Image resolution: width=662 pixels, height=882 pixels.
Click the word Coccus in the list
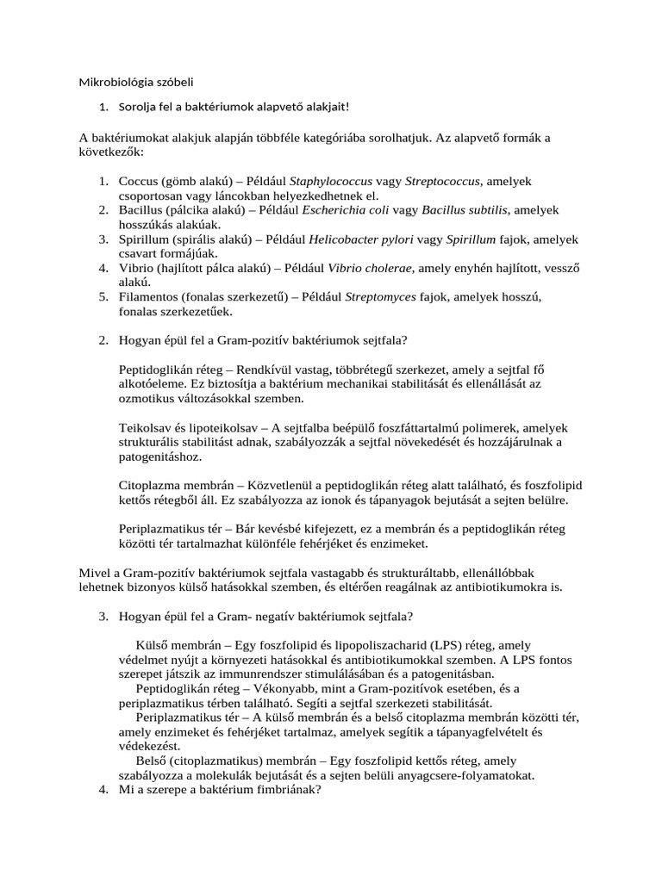(139, 182)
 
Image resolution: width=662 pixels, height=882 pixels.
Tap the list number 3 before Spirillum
(101, 239)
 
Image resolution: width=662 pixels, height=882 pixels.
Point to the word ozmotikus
(148, 399)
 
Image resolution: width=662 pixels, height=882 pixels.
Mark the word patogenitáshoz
(159, 457)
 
